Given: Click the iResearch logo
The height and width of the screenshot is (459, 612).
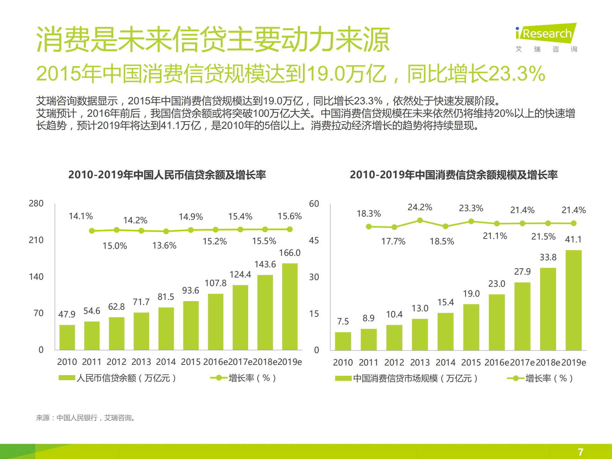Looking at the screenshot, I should (x=546, y=33).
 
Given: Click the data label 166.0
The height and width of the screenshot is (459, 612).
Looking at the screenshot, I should (x=290, y=253).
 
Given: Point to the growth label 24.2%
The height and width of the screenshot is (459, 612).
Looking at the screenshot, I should (x=420, y=207).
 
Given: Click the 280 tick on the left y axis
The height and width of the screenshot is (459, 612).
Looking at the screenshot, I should (x=36, y=204).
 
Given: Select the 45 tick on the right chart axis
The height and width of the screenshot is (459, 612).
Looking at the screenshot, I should (x=314, y=241).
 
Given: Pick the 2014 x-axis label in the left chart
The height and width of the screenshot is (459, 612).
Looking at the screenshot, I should (x=166, y=362).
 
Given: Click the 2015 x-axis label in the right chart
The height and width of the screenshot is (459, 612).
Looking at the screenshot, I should (x=471, y=363).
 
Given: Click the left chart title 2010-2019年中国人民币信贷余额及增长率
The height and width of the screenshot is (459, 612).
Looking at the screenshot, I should (x=167, y=175).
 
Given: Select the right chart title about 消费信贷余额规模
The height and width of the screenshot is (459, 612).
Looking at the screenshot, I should (x=453, y=175).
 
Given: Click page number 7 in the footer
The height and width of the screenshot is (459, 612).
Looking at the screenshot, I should (x=580, y=452).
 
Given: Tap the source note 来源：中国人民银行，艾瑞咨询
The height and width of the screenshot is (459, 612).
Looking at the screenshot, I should (x=85, y=418).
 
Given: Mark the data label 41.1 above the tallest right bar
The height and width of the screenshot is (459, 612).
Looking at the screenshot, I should (x=573, y=239).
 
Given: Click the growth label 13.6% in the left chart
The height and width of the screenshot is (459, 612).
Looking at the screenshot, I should (x=164, y=246).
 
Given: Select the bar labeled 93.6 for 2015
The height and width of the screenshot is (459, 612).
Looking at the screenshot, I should (x=191, y=325).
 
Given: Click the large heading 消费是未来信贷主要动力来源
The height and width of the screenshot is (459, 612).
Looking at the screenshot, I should (x=213, y=40).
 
